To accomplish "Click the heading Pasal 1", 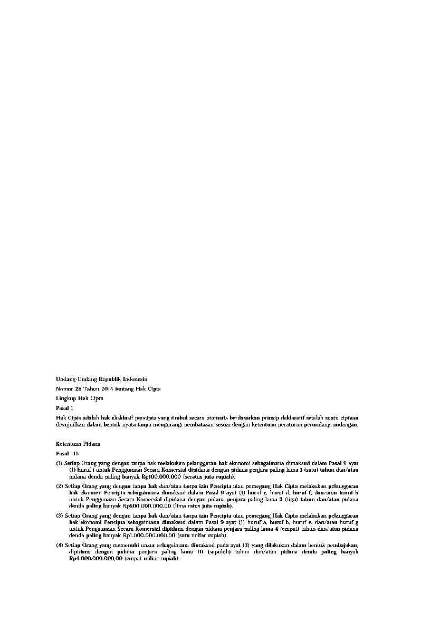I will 64,408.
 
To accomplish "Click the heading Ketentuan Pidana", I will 78,444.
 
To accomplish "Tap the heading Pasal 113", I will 67,453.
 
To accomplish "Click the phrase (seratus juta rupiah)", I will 206,476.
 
